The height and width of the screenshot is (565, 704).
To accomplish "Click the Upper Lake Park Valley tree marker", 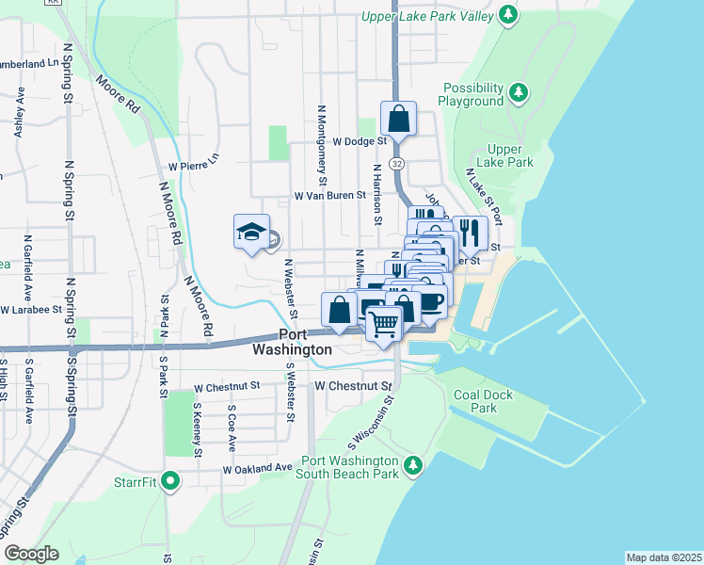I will pyautogui.click(x=508, y=15).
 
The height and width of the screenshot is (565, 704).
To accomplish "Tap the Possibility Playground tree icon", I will pyautogui.click(x=518, y=92).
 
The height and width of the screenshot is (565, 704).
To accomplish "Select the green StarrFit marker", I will pyautogui.click(x=169, y=481).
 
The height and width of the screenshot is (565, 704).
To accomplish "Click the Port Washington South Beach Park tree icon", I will pyautogui.click(x=412, y=464).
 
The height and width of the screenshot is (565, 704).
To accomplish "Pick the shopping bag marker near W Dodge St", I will pyautogui.click(x=398, y=120).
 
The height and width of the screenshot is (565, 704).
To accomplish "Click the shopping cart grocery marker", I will pyautogui.click(x=383, y=324).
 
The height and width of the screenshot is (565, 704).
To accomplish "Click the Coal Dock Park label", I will pyautogui.click(x=483, y=401).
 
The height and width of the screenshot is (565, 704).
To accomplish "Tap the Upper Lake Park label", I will pyautogui.click(x=511, y=155).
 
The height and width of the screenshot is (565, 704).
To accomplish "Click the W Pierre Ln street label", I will pyautogui.click(x=193, y=162).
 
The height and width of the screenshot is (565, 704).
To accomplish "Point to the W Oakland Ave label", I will pyautogui.click(x=258, y=468).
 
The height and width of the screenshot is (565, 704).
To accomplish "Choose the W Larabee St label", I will pyautogui.click(x=31, y=309).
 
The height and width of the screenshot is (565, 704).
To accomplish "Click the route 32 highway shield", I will pyautogui.click(x=398, y=163).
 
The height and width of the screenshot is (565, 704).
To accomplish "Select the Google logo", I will pyautogui.click(x=31, y=554).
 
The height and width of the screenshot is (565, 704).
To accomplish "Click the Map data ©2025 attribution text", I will pyautogui.click(x=664, y=557).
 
